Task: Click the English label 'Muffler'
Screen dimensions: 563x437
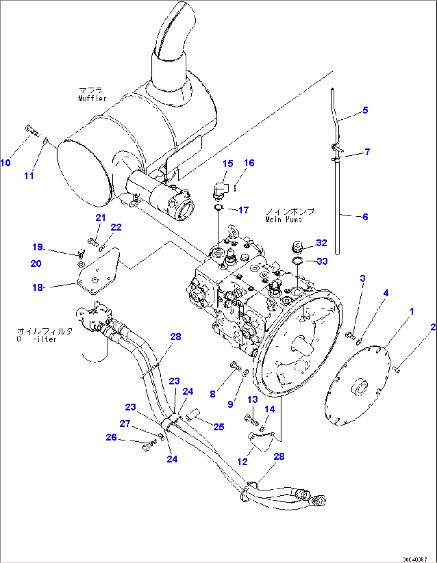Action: click(92, 99)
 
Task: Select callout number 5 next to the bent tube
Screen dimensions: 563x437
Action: click(365, 110)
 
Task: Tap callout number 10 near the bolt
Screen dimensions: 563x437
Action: click(6, 163)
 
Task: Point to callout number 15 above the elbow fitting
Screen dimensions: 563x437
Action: click(228, 163)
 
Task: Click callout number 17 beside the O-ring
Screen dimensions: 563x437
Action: click(243, 210)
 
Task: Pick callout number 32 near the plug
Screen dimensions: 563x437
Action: click(322, 243)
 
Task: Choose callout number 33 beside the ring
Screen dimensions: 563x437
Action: click(322, 261)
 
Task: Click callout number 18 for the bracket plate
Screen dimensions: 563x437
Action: click(38, 287)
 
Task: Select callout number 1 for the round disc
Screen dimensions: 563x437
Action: click(411, 311)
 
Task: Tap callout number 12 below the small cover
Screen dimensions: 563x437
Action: click(242, 462)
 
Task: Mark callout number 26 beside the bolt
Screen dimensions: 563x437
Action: click(111, 437)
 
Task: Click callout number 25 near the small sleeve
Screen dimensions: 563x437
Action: click(218, 427)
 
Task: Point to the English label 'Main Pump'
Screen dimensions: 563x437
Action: click(283, 219)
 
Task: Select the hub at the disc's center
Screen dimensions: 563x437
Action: click(359, 387)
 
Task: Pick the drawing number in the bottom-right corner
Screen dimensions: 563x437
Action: click(415, 559)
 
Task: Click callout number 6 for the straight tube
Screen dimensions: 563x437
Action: click(365, 217)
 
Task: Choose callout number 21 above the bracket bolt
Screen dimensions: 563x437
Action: click(100, 217)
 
